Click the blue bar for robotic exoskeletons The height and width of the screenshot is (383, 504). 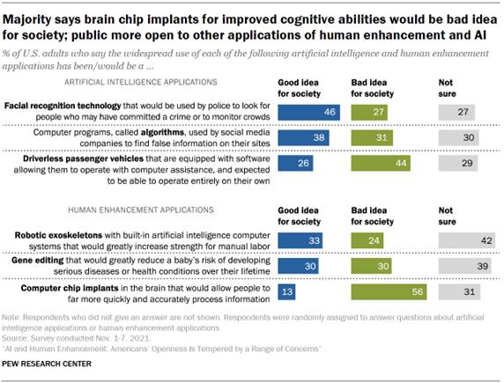300,240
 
